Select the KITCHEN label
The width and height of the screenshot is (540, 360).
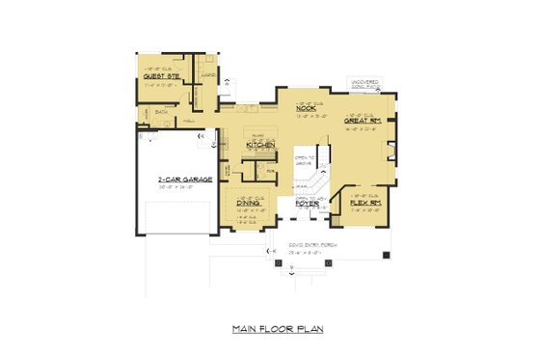pyautogui.click(x=260, y=145)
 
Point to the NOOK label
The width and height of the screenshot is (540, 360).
pyautogui.click(x=307, y=108)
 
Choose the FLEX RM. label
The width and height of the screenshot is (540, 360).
pyautogui.click(x=362, y=203)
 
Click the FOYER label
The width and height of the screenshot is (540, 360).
pyautogui.click(x=308, y=203)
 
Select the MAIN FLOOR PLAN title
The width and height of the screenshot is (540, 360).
pyautogui.click(x=278, y=329)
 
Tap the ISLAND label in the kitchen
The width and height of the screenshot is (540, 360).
pyautogui.click(x=258, y=136)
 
